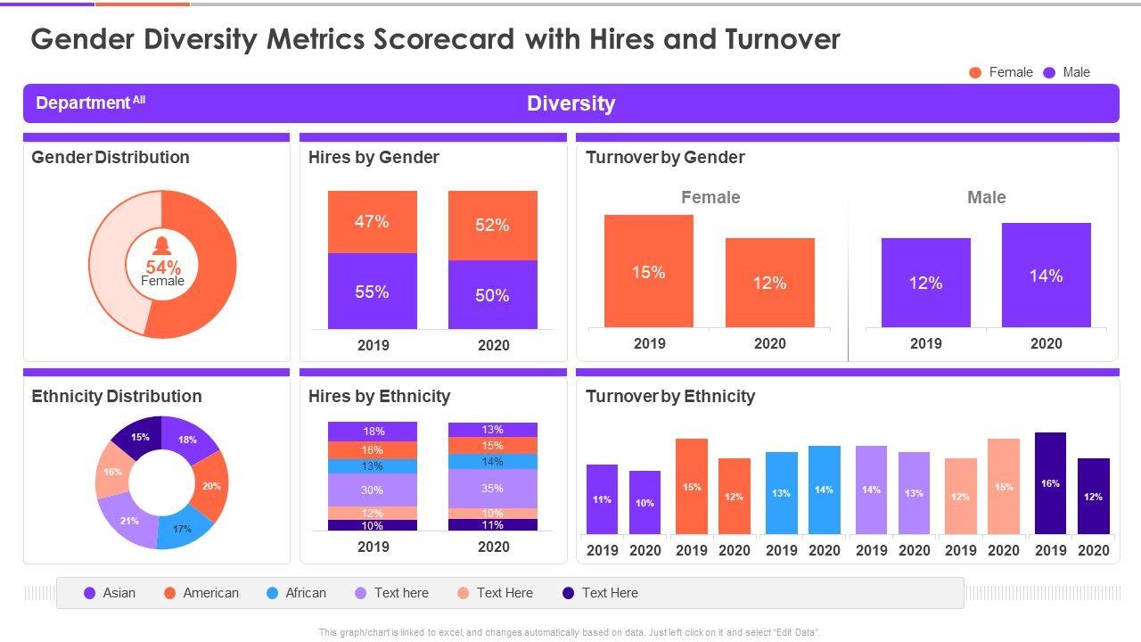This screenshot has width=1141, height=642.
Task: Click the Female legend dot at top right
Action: pos(975,72)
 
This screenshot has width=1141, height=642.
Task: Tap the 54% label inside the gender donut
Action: pos(163,267)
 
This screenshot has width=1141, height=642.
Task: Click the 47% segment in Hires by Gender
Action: pos(372,222)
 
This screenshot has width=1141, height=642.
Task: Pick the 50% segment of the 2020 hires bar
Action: pos(492,295)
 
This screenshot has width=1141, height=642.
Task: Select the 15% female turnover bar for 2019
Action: pos(649,271)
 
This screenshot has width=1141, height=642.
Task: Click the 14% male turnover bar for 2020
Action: pos(1046,276)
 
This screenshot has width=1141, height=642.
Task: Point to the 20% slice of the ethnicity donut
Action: pos(211,486)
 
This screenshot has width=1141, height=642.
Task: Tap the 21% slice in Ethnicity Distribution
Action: pos(129,520)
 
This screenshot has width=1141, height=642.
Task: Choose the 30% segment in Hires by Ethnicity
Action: pos(372,490)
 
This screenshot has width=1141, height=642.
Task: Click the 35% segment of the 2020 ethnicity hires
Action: pos(492,488)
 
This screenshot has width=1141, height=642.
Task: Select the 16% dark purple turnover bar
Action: pos(1050,483)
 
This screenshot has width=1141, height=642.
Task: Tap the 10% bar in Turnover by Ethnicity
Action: pos(644,502)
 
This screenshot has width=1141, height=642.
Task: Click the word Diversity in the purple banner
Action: pos(570,103)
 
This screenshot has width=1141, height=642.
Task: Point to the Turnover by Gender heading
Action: pos(665,158)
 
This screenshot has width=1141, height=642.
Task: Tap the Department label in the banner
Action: pos(83,103)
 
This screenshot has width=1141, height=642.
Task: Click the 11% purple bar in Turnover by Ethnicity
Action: pos(602,499)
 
